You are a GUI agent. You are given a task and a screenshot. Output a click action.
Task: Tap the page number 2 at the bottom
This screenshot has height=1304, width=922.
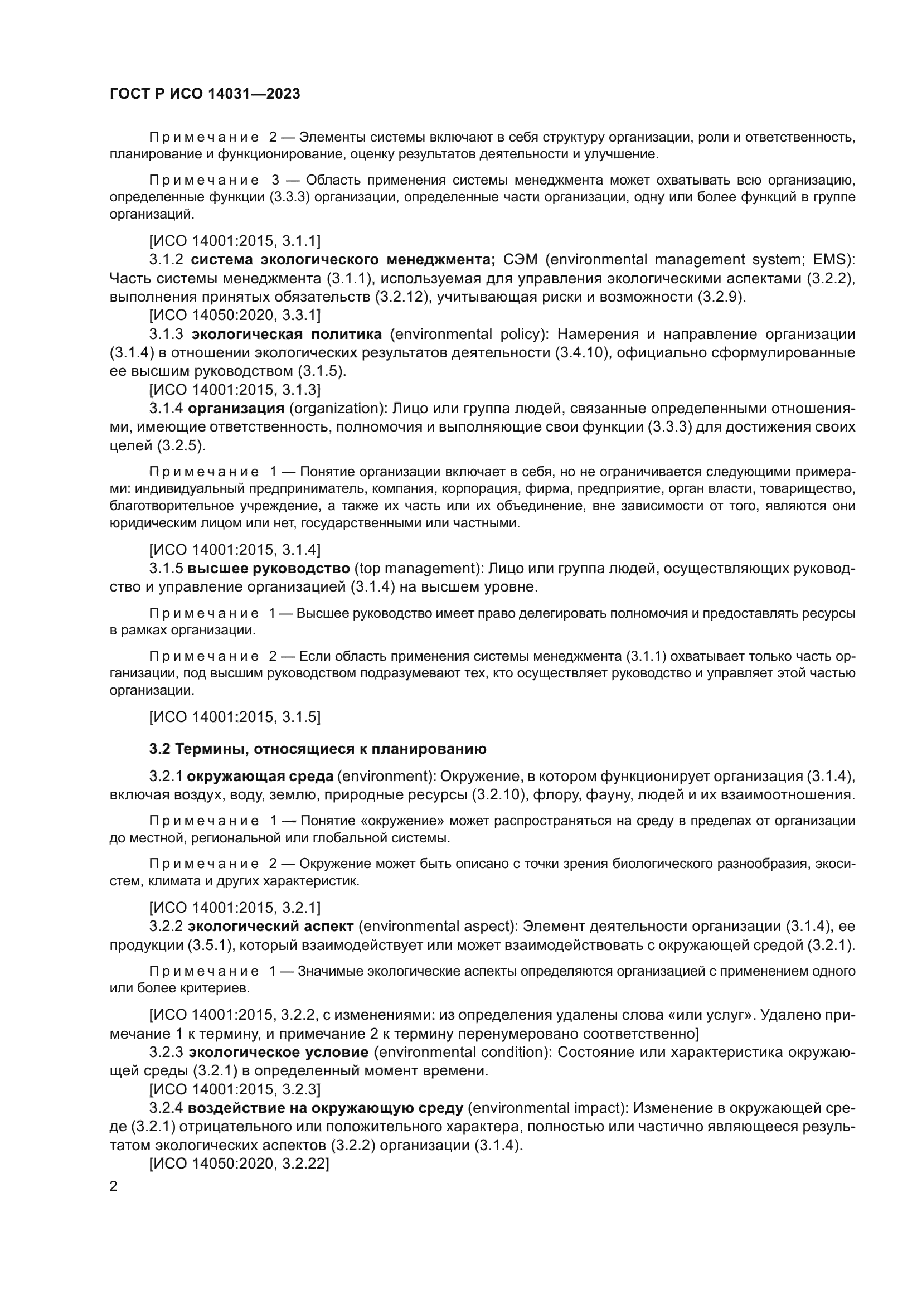click(114, 1186)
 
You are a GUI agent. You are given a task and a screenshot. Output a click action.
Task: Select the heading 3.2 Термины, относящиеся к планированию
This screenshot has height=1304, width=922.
click(317, 749)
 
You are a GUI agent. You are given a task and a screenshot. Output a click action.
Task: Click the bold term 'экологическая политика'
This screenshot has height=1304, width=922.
click(286, 334)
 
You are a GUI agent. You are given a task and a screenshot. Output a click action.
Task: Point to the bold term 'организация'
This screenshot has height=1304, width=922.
click(236, 408)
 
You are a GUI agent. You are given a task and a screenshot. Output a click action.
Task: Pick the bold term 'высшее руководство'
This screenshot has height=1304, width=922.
click(269, 569)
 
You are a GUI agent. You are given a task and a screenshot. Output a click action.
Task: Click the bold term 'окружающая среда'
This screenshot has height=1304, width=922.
click(261, 777)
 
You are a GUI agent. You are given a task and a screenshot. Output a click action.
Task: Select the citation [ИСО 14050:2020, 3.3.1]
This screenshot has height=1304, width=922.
click(235, 315)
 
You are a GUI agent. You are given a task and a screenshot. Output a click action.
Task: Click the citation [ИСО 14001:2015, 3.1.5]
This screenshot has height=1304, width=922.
click(235, 718)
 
